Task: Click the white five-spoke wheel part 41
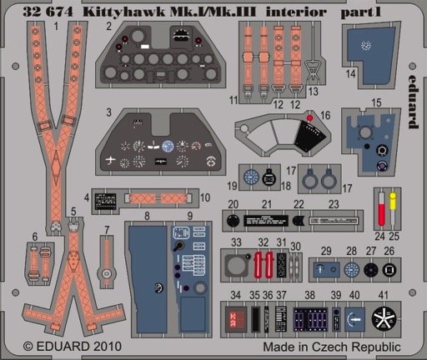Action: pyautogui.click(x=384, y=319)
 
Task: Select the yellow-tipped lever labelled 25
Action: pyautogui.click(x=393, y=208)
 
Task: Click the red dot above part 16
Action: pyautogui.click(x=309, y=118)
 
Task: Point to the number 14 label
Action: pyautogui.click(x=351, y=74)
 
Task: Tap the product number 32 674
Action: pyautogui.click(x=48, y=12)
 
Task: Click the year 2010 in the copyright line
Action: pyautogui.click(x=108, y=347)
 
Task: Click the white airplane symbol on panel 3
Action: pyautogui.click(x=111, y=160)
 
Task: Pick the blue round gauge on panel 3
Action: pyautogui.click(x=168, y=146)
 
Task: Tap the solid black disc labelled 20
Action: pyautogui.click(x=233, y=221)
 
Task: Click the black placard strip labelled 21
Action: pyautogui.click(x=266, y=221)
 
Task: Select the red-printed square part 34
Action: pyautogui.click(x=236, y=319)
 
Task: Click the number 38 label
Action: pyautogui.click(x=309, y=295)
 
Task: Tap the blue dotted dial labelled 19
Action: pyautogui.click(x=251, y=177)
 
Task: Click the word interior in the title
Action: pyautogui.click(x=295, y=12)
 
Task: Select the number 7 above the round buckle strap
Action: pyautogui.click(x=107, y=230)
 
